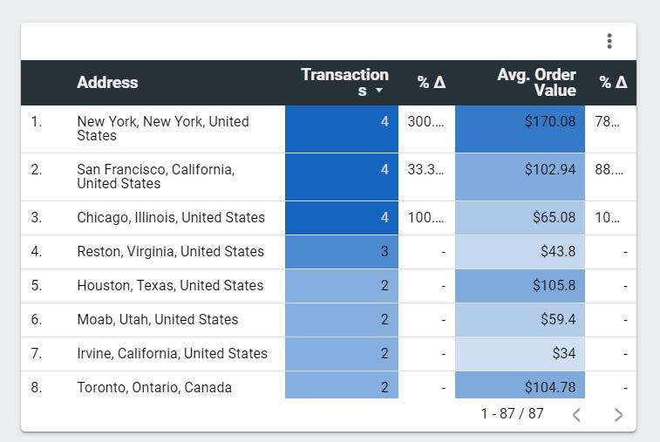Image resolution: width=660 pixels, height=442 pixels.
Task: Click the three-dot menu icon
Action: (609, 41)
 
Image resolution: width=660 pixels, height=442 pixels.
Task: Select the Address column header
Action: (107, 83)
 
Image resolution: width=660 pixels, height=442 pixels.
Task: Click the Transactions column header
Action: (344, 82)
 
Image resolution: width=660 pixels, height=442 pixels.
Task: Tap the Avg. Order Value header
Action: (536, 82)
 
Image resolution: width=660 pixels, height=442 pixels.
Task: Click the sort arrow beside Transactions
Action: (379, 91)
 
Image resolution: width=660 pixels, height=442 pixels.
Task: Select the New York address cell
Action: (162, 129)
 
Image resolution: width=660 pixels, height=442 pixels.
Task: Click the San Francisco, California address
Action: (155, 176)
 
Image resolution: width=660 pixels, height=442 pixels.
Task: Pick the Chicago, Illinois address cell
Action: (171, 218)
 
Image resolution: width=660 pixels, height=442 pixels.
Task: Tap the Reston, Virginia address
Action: (170, 252)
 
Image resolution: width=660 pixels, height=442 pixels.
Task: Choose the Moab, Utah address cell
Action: (157, 320)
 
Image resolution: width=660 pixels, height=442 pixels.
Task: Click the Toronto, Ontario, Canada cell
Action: (154, 388)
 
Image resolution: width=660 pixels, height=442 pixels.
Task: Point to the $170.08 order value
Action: (549, 122)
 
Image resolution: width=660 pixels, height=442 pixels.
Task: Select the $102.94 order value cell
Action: (549, 170)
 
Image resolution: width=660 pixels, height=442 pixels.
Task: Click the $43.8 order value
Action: (557, 252)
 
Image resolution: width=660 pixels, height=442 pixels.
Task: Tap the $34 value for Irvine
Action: (563, 354)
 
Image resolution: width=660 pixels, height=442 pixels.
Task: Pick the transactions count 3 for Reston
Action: (384, 252)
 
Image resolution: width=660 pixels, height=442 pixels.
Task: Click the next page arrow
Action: (618, 415)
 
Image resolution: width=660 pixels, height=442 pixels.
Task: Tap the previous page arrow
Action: (576, 415)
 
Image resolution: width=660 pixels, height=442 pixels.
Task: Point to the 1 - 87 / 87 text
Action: (512, 414)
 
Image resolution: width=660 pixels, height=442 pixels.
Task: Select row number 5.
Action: (37, 286)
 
